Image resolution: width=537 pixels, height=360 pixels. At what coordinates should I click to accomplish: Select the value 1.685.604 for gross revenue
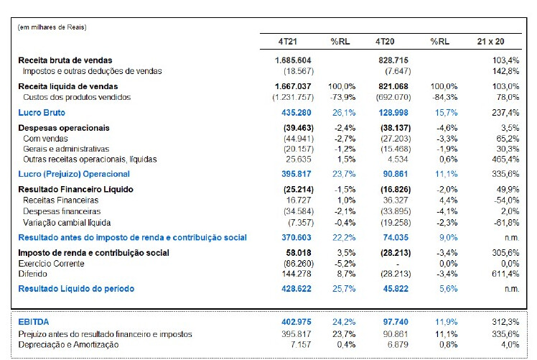[292, 60]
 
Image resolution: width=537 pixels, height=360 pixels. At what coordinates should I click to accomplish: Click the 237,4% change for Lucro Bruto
[506, 112]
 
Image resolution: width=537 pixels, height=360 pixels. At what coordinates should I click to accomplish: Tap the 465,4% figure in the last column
[506, 159]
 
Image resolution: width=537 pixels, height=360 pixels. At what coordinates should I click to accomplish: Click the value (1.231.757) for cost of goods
[294, 96]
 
